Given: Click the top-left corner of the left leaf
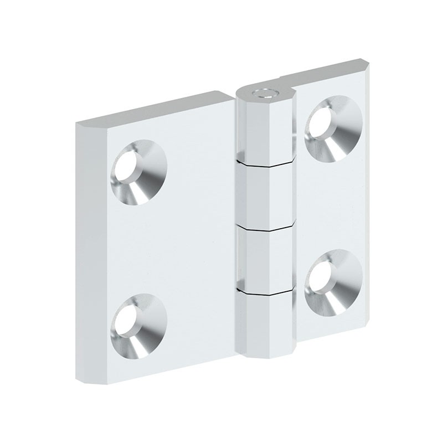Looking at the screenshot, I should click(x=77, y=121).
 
